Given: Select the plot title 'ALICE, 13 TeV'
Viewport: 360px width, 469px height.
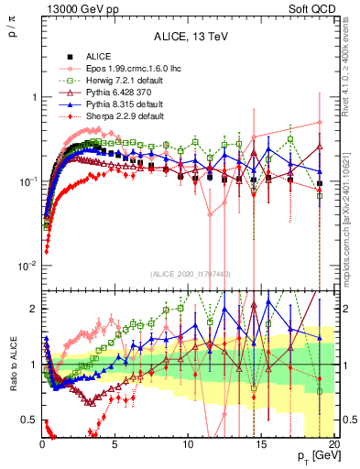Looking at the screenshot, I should [x=190, y=38].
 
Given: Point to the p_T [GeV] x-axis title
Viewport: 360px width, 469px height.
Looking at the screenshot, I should [x=313, y=455].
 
